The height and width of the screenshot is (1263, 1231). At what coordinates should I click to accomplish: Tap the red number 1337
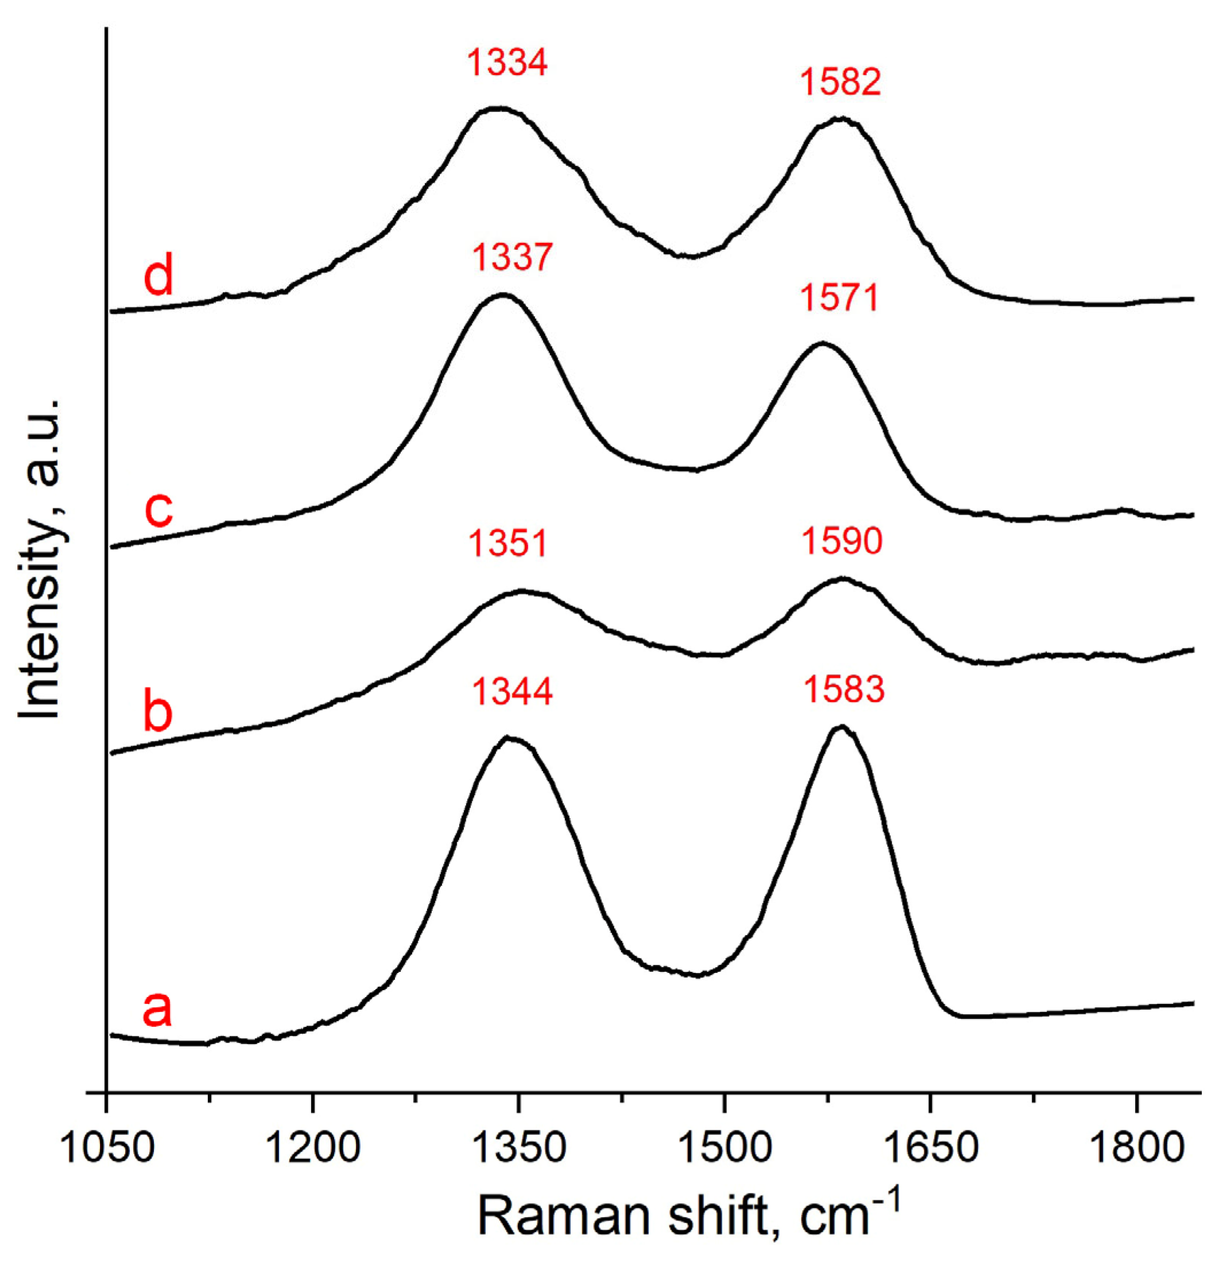pos(512,257)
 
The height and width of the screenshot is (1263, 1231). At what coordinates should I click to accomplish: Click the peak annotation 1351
pos(508,543)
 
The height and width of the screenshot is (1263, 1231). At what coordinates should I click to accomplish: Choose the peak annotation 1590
pos(842,540)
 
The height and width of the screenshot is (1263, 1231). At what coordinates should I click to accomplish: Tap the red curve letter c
pos(158,509)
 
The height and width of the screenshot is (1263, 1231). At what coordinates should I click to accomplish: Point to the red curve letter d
pos(158,276)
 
